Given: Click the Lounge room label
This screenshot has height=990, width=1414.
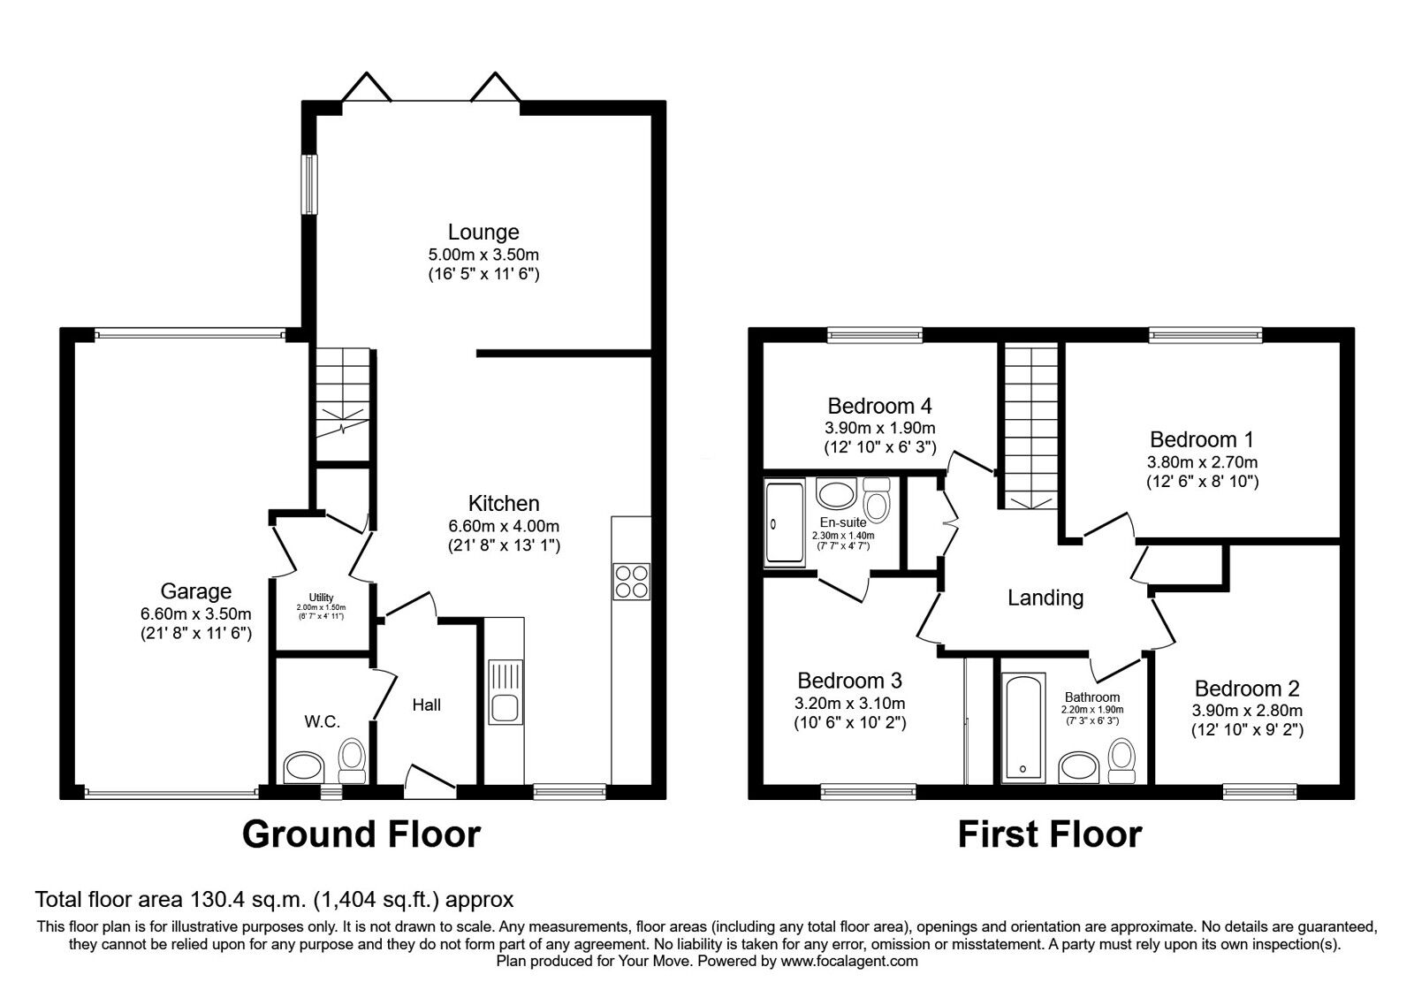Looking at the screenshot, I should click(483, 232).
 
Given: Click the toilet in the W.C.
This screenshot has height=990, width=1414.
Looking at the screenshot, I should click(352, 760).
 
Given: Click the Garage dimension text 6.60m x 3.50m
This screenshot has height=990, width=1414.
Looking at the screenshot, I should click(195, 614).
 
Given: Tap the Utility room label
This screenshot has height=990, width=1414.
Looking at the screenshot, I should click(322, 598).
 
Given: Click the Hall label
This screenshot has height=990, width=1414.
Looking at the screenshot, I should click(427, 704).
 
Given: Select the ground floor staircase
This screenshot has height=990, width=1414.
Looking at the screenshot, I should click(343, 403).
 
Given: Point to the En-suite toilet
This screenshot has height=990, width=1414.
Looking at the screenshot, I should click(877, 502).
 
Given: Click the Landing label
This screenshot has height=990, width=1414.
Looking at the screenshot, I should click(1045, 598).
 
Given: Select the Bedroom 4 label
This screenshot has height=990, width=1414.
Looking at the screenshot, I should click(879, 406).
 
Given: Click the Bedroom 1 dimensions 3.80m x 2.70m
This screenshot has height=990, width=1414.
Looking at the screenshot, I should click(1202, 461).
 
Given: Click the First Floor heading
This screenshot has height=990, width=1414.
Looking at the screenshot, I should click(1049, 834).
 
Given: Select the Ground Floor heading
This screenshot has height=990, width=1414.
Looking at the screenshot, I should click(361, 834).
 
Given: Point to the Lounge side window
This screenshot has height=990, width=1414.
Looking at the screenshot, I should click(309, 184).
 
